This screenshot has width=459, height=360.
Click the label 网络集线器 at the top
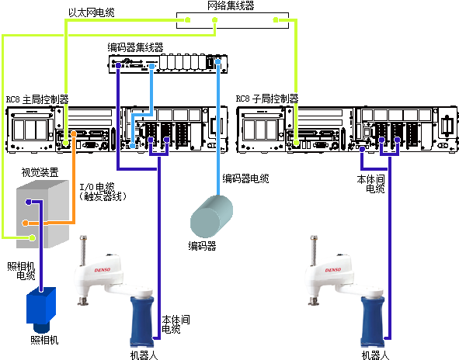(231, 5)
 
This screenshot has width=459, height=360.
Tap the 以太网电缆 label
(92, 12)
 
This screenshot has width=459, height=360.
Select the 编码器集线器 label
(135, 47)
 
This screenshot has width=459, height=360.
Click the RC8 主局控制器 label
(37, 99)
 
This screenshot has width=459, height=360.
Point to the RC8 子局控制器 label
(267, 99)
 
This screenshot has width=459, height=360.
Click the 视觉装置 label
(40, 172)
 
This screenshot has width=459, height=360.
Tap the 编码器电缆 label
(245, 178)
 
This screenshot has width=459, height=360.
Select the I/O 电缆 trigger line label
(103, 192)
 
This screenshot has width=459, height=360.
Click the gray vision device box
(43, 214)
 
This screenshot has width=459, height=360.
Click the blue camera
(41, 310)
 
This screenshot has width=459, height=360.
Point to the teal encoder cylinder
(211, 216)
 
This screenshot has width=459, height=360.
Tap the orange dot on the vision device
(26, 223)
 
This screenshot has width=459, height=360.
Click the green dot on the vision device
(32, 237)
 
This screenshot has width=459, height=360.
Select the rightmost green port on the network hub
(276, 20)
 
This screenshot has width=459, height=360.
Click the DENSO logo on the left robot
(103, 270)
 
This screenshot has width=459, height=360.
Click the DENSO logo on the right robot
(333, 270)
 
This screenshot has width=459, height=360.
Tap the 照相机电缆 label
(21, 271)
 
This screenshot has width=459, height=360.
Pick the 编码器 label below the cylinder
(202, 246)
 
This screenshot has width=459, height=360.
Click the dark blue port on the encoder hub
(118, 65)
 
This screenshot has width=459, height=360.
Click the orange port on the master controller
(74, 134)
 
